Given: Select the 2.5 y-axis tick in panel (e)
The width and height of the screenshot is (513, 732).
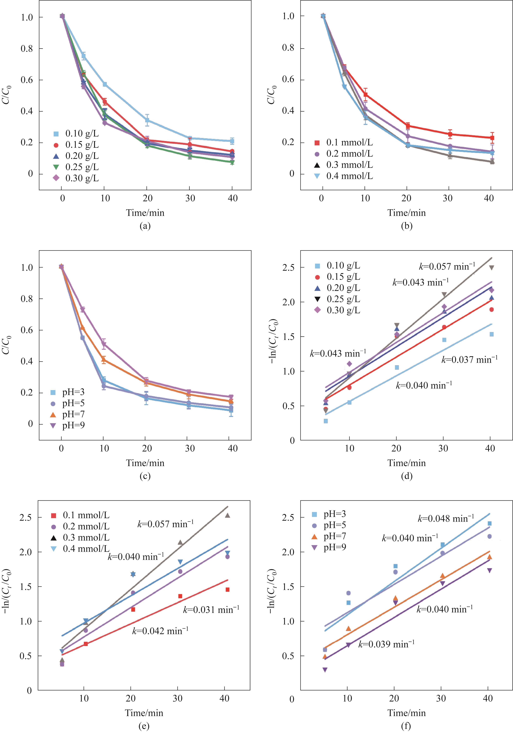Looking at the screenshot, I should pyautogui.click(x=26, y=517).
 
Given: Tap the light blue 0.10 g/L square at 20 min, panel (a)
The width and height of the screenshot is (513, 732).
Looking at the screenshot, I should pyautogui.click(x=147, y=120).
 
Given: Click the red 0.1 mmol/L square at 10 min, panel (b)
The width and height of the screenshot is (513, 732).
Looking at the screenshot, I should pyautogui.click(x=365, y=94).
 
